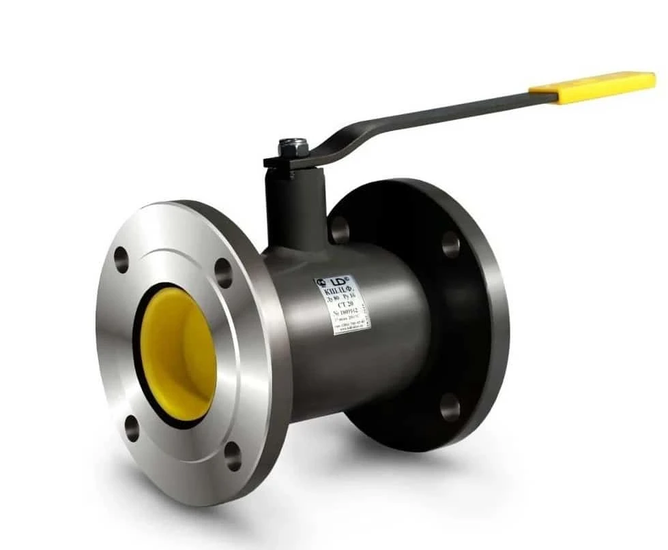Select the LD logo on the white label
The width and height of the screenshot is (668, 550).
click(x=338, y=281)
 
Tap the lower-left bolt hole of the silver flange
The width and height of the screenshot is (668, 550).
click(x=132, y=428)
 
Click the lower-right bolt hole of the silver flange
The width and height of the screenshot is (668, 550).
click(x=233, y=456)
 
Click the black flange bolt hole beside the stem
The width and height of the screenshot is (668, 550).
click(x=340, y=230)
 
